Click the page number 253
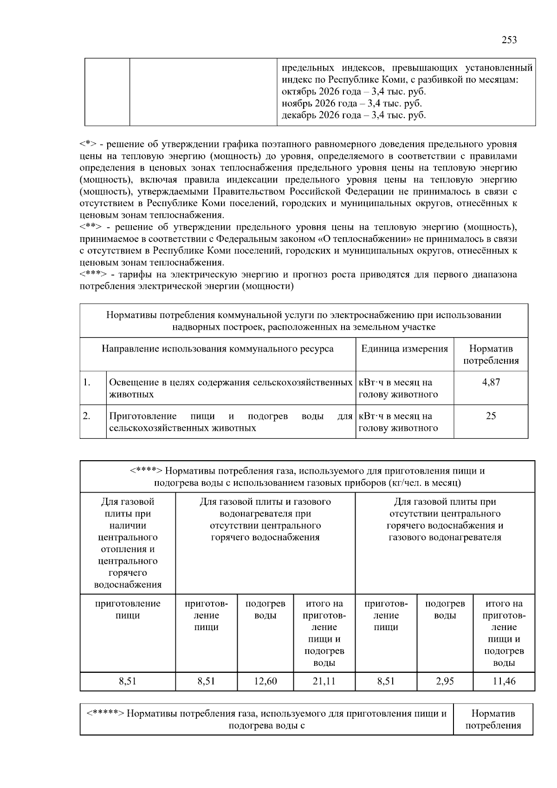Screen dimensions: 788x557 (x=509, y=40)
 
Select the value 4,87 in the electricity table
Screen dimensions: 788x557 (x=491, y=382)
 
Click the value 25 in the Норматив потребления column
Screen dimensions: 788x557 (x=491, y=416)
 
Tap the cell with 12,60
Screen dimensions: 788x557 (x=266, y=681)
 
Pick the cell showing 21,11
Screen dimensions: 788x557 (x=324, y=681)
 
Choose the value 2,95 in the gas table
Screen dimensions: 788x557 (x=445, y=681)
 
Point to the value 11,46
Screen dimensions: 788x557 (x=504, y=681)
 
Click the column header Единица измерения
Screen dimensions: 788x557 (x=404, y=349)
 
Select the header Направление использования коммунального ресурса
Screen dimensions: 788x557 (x=217, y=349)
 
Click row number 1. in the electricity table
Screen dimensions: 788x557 (x=87, y=382)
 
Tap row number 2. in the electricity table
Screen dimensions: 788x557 (x=87, y=416)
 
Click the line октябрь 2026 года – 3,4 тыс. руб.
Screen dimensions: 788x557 (x=354, y=92)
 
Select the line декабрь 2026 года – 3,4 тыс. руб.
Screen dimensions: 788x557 (x=354, y=115)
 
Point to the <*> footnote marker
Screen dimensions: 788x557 (x=87, y=144)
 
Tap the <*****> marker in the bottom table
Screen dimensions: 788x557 (x=105, y=714)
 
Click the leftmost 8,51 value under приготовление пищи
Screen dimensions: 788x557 (x=128, y=681)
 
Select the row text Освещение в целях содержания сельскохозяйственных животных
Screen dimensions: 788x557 (x=230, y=388)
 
